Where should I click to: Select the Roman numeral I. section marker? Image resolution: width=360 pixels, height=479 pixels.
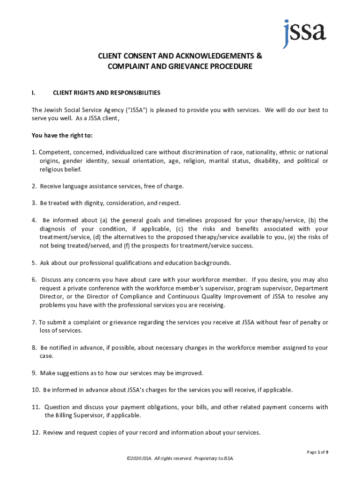33,93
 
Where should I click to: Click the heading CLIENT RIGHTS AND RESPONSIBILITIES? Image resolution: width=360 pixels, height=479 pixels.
107,93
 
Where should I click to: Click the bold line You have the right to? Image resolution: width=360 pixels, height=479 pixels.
62,136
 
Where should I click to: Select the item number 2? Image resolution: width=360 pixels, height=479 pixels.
34,186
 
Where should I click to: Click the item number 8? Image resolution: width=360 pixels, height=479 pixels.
34,348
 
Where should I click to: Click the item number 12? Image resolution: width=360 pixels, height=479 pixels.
36,432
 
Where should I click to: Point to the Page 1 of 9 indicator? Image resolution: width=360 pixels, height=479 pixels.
317,452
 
